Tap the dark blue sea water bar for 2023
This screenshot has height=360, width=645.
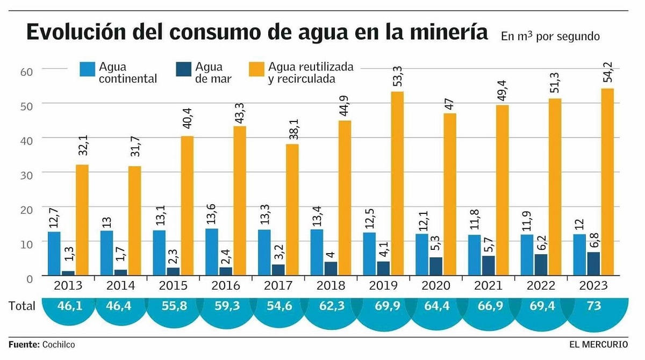coord(593,264)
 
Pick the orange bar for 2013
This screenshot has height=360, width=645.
coord(82,220)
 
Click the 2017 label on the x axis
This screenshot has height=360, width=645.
coord(278,285)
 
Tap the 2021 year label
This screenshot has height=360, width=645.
coord(488,285)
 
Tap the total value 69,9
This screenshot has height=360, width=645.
coord(383,306)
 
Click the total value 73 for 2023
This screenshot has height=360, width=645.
coord(593,306)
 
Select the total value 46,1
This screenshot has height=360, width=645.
coord(68,306)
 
